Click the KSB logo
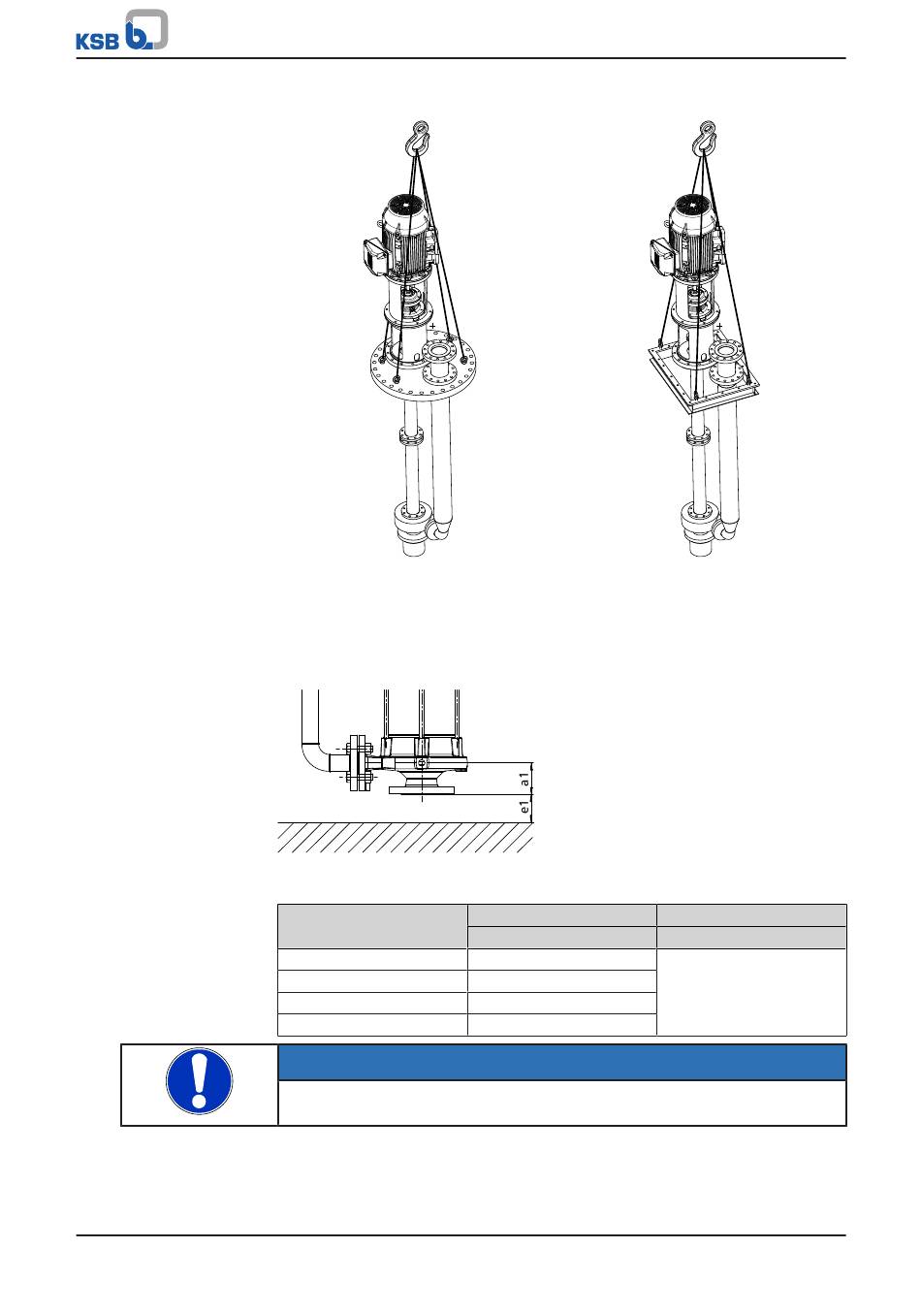122,29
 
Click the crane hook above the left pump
421,136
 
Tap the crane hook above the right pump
708,136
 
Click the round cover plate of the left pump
427,368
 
